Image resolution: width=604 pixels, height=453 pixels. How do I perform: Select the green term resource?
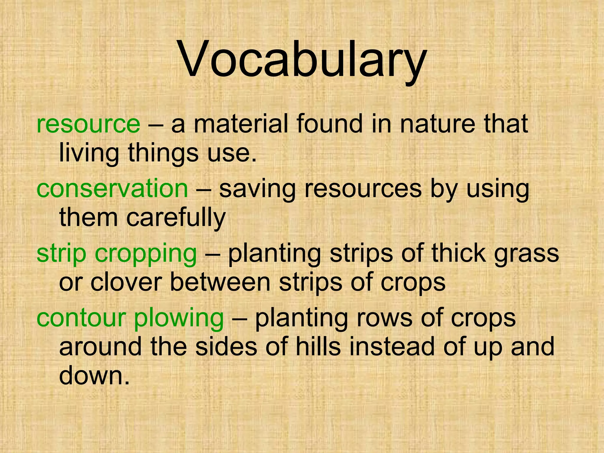tap(88, 124)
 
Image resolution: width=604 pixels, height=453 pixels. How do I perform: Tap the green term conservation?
tap(112, 189)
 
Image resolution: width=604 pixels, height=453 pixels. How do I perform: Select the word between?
tap(220, 283)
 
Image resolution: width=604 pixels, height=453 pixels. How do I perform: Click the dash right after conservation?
tap(203, 189)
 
